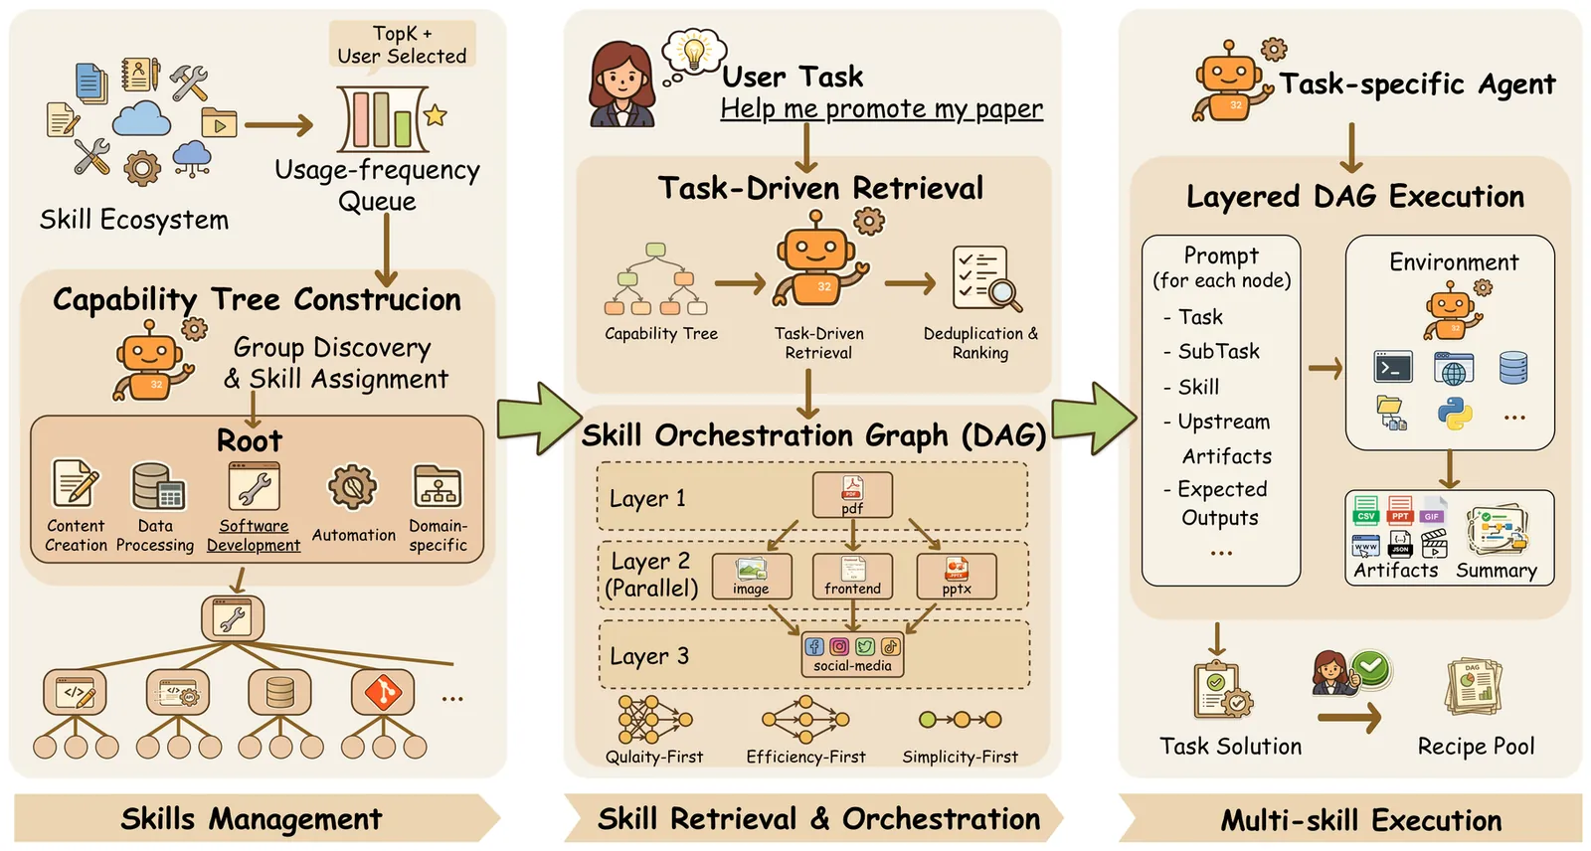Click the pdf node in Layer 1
tap(852, 494)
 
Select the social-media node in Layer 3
tap(852, 654)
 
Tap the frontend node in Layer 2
tap(852, 576)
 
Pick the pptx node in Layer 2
tap(956, 576)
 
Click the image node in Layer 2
tap(752, 576)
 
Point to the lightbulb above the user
tap(694, 50)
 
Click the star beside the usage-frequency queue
tap(435, 115)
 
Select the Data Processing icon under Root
tap(157, 487)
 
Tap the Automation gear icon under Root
tap(352, 487)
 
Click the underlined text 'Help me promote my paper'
tap(881, 108)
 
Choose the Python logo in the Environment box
tap(1454, 413)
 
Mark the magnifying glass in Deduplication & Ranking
tap(1004, 294)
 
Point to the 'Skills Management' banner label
tap(251, 819)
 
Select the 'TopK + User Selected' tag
tap(402, 45)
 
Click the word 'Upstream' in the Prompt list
tap(1223, 422)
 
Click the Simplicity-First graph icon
tap(960, 720)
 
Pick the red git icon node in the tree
tap(383, 692)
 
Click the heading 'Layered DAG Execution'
tap(1354, 197)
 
